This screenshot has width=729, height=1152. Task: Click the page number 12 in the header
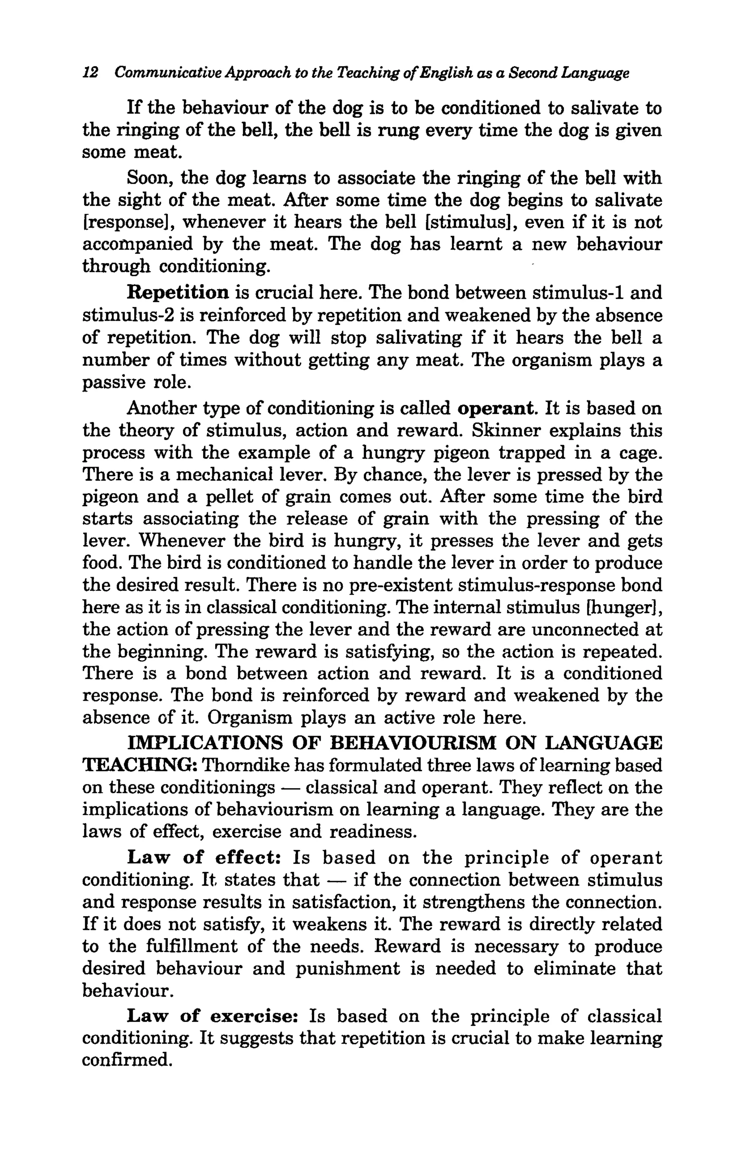pyautogui.click(x=90, y=73)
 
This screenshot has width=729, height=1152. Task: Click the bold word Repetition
pyautogui.click(x=178, y=293)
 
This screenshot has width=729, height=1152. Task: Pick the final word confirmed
pyautogui.click(x=127, y=1061)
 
